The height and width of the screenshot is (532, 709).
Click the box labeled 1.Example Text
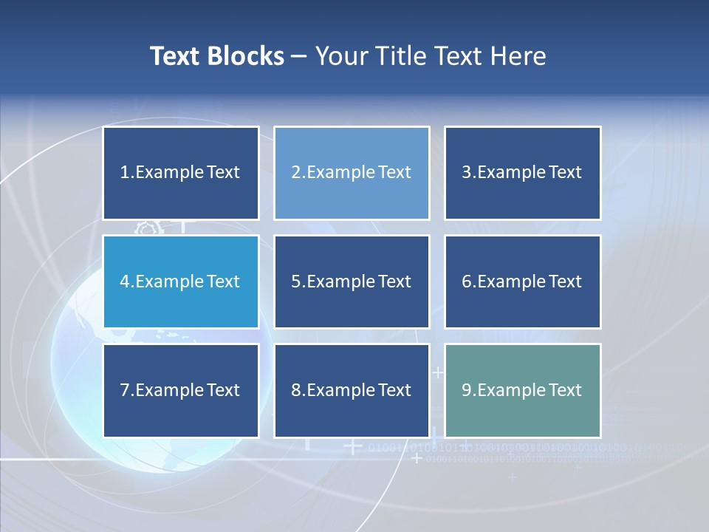(181, 173)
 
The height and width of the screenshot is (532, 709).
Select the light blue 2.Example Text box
(352, 173)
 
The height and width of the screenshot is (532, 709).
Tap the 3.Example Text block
(522, 173)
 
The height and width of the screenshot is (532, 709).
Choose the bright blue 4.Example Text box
(181, 282)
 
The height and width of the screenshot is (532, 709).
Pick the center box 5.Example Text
(352, 282)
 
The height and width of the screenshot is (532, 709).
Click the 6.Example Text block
(522, 282)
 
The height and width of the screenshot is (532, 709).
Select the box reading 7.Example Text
(181, 390)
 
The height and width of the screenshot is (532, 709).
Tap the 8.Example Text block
(352, 390)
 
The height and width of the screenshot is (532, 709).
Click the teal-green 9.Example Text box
(522, 390)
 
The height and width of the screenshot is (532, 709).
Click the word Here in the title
(520, 56)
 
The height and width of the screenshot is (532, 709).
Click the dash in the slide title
(299, 56)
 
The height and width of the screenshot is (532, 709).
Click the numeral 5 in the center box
(295, 282)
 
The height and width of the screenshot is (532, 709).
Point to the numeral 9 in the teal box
(467, 390)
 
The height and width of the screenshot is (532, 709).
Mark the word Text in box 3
(565, 172)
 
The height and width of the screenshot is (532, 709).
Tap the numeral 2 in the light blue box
(295, 172)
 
